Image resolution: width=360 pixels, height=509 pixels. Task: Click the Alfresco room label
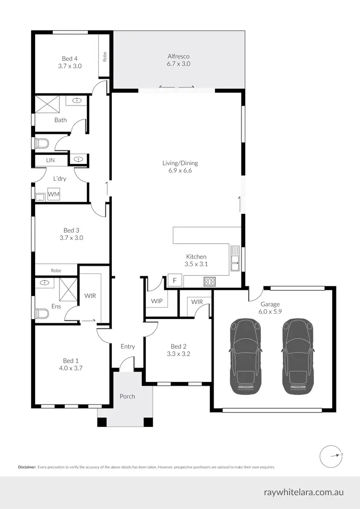click(179, 56)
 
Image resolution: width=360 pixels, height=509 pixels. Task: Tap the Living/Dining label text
click(180, 163)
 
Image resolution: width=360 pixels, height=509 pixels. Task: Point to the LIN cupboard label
click(50, 160)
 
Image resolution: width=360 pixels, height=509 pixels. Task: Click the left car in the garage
click(246, 356)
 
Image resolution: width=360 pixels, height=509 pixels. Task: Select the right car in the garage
click(299, 356)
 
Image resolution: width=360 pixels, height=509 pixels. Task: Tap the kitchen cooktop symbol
click(209, 282)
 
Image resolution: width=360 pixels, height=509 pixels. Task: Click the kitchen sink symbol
click(235, 259)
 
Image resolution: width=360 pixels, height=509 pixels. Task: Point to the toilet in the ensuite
click(42, 314)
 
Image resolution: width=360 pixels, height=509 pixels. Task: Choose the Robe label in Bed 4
click(104, 56)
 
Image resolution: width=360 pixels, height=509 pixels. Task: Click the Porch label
click(127, 396)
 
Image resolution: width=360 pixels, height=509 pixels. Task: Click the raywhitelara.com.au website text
click(303, 492)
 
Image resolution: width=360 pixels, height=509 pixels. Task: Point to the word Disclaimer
click(27, 467)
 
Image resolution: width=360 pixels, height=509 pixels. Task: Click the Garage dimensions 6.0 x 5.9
click(270, 311)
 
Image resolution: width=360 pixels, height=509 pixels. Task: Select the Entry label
click(128, 346)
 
